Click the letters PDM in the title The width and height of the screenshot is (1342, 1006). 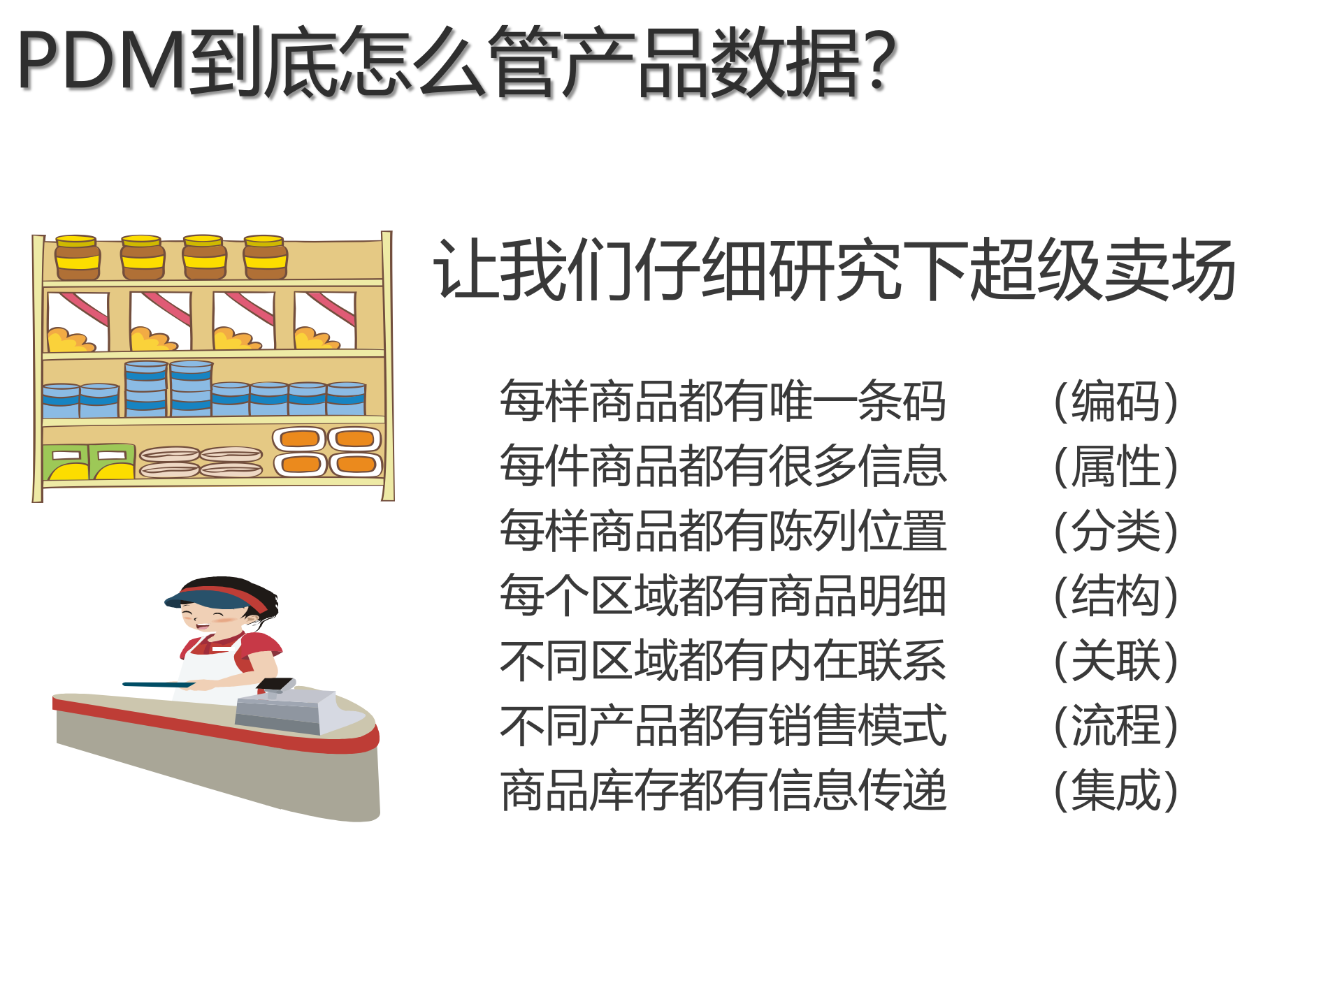(102, 61)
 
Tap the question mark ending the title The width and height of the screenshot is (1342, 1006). (878, 61)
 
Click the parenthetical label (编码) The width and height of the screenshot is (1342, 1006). (1116, 402)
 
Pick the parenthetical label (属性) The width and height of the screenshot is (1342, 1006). (1116, 467)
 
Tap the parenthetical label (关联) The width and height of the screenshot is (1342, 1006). (1116, 661)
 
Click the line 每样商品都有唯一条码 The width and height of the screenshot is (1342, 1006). (723, 402)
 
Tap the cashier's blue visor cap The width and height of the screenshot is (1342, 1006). (210, 597)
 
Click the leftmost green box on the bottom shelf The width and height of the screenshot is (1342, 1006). (66, 462)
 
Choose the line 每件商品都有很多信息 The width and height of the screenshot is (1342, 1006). (723, 467)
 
